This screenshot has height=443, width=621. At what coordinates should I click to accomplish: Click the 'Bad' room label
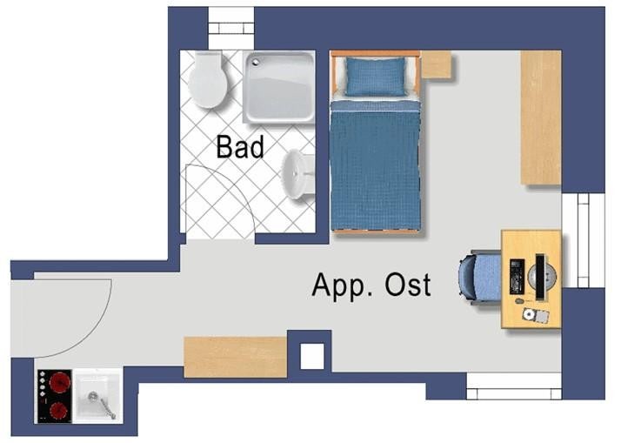(240, 147)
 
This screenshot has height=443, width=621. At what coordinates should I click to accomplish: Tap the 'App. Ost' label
(371, 285)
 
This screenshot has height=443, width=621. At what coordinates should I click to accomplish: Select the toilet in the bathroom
(207, 79)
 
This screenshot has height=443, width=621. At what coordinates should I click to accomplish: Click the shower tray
(279, 86)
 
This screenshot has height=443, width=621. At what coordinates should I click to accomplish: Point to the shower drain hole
(256, 62)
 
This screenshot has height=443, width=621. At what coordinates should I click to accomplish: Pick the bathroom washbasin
(297, 174)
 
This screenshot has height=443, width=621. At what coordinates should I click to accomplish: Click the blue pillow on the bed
(376, 77)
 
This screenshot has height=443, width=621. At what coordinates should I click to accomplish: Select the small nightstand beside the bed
(436, 64)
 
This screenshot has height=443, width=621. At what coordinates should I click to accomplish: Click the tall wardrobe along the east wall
(541, 117)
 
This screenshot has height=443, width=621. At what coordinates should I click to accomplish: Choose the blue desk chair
(480, 276)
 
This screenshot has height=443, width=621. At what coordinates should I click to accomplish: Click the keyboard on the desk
(517, 277)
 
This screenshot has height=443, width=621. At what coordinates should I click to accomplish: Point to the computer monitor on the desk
(540, 277)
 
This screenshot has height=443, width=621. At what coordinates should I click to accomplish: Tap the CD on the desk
(528, 314)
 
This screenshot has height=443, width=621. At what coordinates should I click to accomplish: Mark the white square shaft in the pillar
(312, 356)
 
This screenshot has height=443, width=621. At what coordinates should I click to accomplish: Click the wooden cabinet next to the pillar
(235, 357)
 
